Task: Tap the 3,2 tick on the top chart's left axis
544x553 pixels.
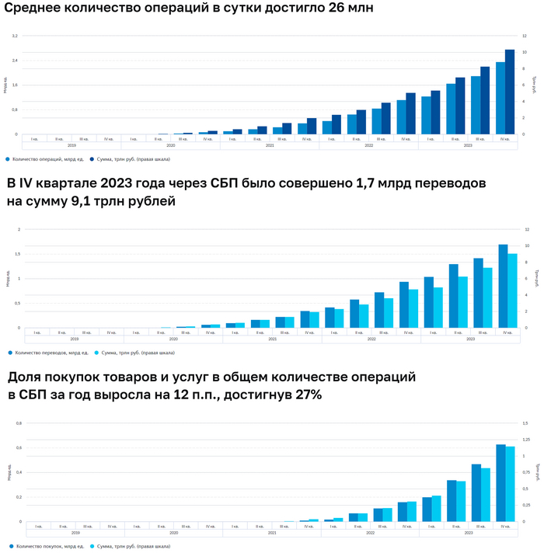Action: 15,36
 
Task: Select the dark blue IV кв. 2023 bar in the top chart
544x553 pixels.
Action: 510,92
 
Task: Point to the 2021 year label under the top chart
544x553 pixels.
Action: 270,145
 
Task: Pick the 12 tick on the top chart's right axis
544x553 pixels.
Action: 526,36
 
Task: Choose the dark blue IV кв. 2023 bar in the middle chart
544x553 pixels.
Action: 503,286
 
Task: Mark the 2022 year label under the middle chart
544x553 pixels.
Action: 371,339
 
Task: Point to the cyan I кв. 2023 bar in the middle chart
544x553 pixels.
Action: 438,308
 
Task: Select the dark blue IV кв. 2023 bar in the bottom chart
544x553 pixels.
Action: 500,482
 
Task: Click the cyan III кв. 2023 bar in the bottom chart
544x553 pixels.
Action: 486,494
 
